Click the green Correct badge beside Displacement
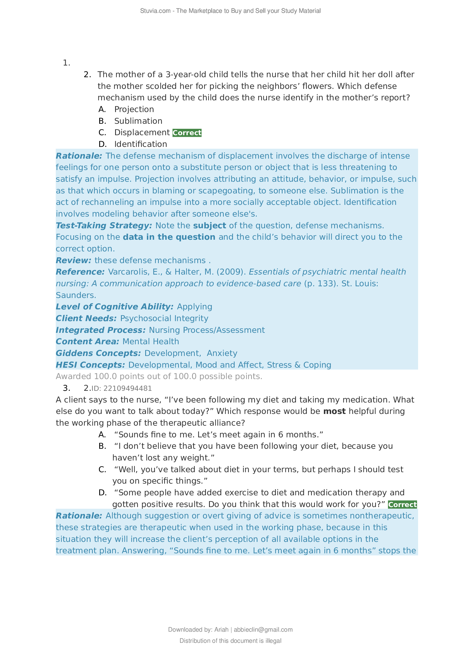tap(187, 133)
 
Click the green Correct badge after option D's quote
tap(402, 505)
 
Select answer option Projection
tap(134, 109)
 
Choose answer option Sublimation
tap(138, 121)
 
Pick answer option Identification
tap(140, 144)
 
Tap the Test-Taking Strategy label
tap(104, 226)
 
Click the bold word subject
tap(210, 226)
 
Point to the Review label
tap(74, 260)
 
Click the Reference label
tap(80, 272)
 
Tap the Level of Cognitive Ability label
tap(114, 307)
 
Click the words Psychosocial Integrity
tap(164, 318)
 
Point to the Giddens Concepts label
tap(98, 353)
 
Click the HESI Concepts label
tap(90, 365)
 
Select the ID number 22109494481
tap(127, 389)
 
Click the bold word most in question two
tap(334, 411)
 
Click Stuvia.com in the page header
tap(155, 11)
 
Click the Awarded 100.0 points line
tap(159, 376)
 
